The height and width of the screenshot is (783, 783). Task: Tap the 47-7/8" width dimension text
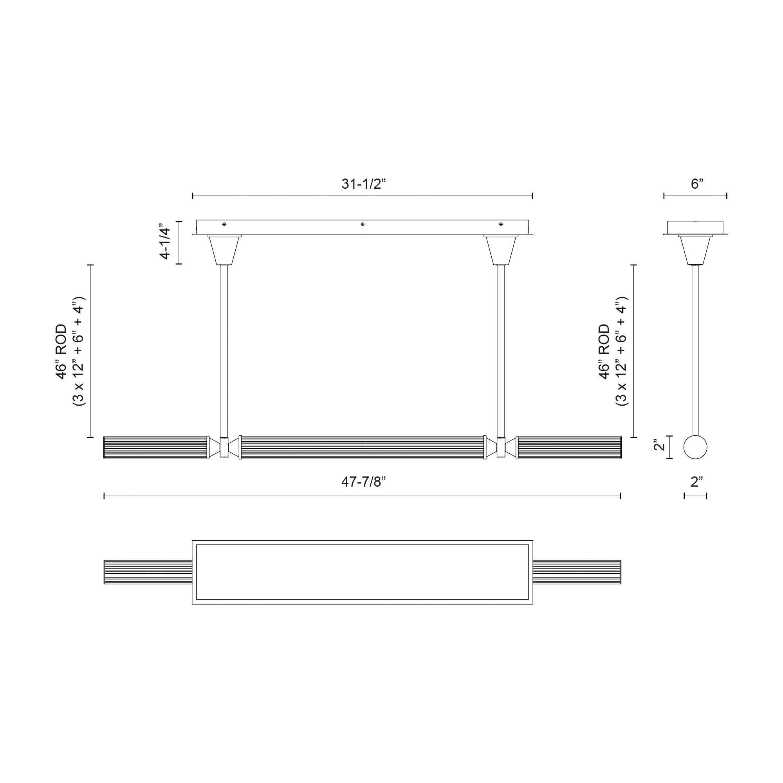click(x=363, y=482)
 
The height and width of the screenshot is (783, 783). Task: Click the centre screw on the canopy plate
click(x=362, y=224)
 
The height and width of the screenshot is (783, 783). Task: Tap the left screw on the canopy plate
click(x=224, y=224)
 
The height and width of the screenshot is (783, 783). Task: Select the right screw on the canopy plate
click(x=501, y=224)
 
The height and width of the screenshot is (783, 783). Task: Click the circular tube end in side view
click(x=695, y=447)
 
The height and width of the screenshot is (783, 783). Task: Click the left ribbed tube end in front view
click(x=156, y=447)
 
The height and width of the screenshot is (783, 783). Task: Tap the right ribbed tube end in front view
click(x=568, y=447)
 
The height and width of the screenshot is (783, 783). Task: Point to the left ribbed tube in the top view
click(x=148, y=572)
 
